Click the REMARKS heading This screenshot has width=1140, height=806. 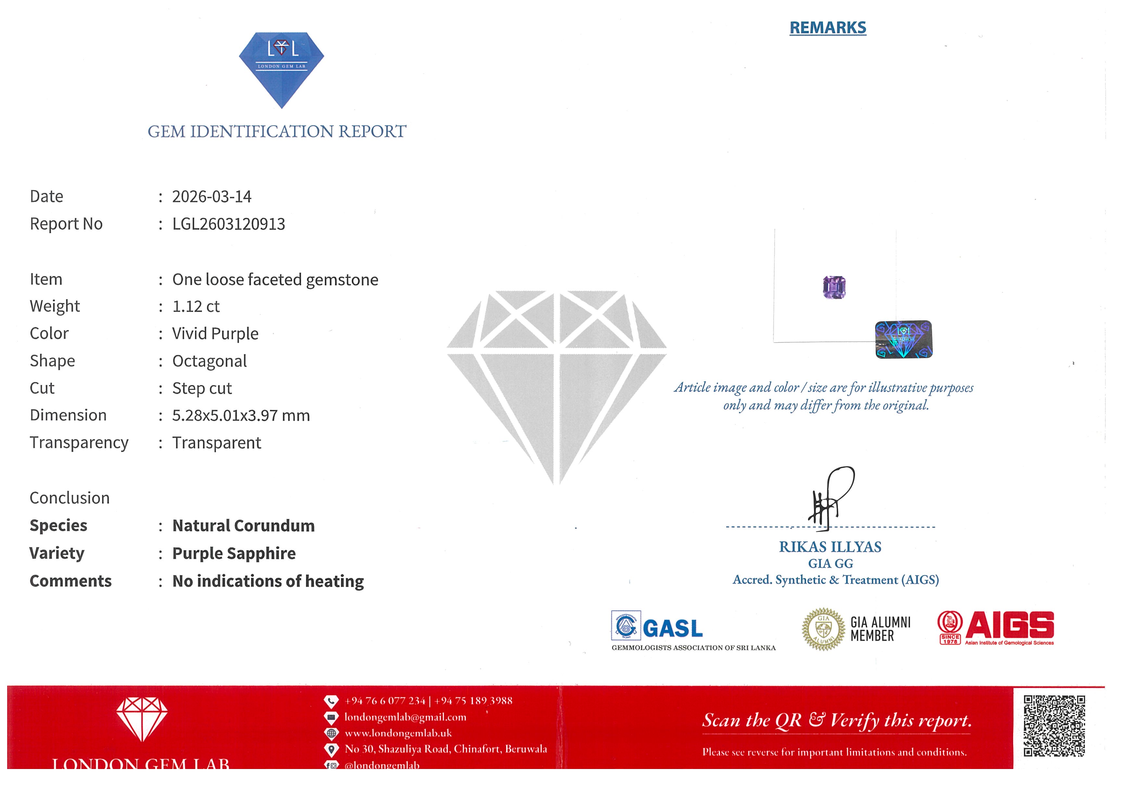pos(828,28)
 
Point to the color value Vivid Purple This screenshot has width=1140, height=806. pos(215,334)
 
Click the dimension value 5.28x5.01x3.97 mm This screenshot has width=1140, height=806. pos(241,415)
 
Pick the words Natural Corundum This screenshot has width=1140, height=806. pos(243,525)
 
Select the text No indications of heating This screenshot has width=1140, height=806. pos(268,581)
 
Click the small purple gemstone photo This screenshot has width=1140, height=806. pos(834,287)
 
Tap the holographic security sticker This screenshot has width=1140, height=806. pos(904,339)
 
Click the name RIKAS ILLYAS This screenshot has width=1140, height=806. pos(830,547)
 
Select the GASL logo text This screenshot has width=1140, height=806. pos(673,629)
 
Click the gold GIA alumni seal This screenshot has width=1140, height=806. pos(823,629)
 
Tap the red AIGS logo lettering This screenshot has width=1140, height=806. pos(1009,625)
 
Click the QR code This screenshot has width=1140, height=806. pos(1054,725)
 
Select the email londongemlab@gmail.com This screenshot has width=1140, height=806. pos(405,717)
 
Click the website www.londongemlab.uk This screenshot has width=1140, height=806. pos(398,733)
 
